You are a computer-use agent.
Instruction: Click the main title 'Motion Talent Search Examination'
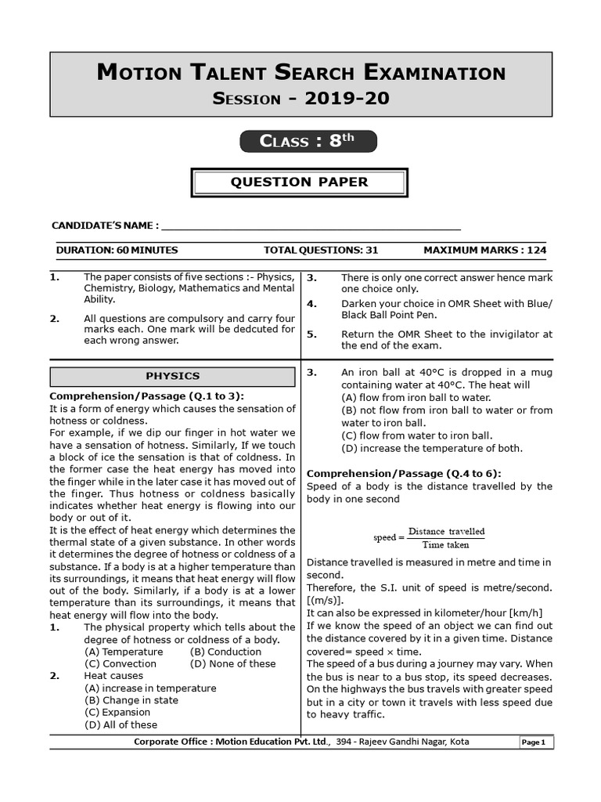[300, 73]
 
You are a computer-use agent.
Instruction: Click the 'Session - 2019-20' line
[300, 99]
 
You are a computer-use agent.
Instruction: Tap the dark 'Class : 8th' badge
[308, 141]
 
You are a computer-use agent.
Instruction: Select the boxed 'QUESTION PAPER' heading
[299, 182]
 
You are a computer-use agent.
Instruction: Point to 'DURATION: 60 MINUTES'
[117, 251]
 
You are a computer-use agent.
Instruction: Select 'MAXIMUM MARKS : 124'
[484, 251]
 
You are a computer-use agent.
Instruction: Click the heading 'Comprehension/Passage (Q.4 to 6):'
[404, 473]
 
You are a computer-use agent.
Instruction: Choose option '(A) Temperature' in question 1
[124, 652]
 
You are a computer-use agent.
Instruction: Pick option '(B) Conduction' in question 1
[225, 652]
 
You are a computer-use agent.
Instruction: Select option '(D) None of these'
[232, 663]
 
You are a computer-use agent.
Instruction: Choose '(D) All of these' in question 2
[121, 724]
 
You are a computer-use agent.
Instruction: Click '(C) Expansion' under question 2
[117, 712]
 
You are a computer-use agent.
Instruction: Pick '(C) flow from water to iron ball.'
[417, 435]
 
